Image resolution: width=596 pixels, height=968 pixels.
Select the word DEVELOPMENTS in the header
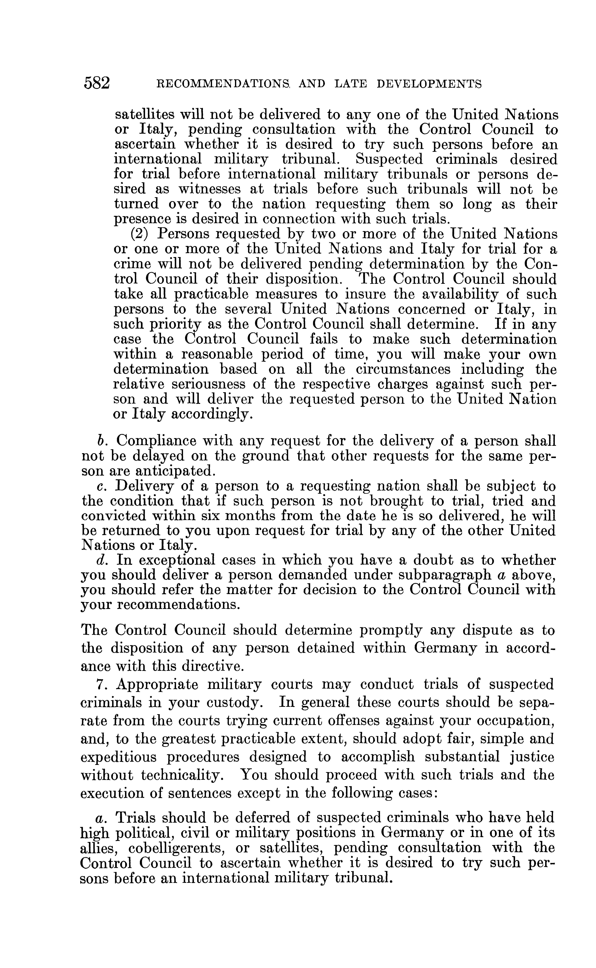point(429,84)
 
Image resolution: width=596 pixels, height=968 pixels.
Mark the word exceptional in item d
point(173,561)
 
